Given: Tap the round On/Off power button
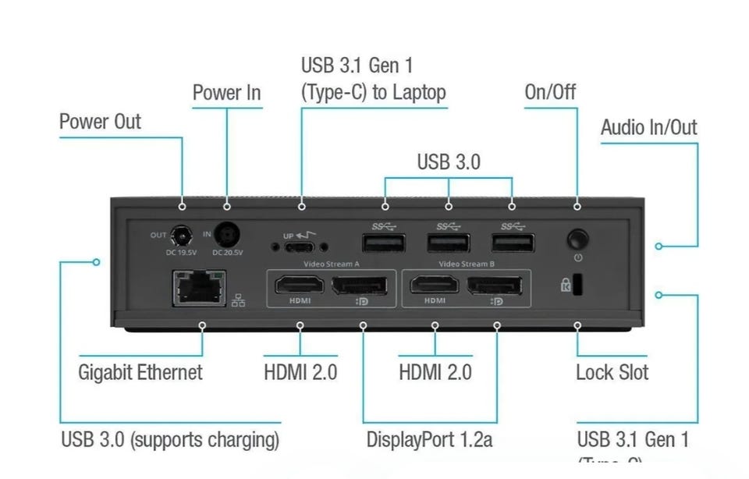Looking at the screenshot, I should (577, 238).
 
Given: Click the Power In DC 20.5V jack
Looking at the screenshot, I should (227, 233).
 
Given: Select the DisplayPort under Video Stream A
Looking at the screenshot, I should (361, 286).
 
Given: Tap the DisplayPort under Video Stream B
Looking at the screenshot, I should (496, 286).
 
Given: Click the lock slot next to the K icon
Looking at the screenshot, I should (577, 285).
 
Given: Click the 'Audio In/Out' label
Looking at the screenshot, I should (648, 128).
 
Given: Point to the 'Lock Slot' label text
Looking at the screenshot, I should (612, 372).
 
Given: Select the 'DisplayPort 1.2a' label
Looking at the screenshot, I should (429, 439).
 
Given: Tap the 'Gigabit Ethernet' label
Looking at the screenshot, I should (140, 372).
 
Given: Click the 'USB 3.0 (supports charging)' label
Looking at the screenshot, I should (170, 439).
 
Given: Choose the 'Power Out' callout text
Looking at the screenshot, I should (101, 122).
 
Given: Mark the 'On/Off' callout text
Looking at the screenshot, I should (550, 92).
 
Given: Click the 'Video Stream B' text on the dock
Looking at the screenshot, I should (467, 264).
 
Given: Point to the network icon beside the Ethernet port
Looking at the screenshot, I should (238, 300).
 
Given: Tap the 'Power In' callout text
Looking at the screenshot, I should (227, 93).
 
